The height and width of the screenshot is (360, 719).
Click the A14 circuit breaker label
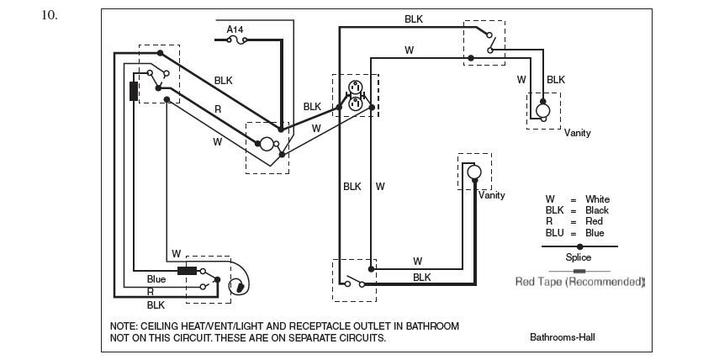pyautogui.click(x=235, y=29)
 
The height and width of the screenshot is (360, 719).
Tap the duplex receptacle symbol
pyautogui.click(x=355, y=95)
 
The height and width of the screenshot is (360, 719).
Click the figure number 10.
pyautogui.click(x=48, y=15)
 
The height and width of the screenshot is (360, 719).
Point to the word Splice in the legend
pyautogui.click(x=579, y=257)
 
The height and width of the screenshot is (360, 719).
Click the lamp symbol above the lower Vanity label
pyautogui.click(x=473, y=172)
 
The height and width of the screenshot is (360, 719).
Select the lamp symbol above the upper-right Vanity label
pyautogui.click(x=543, y=110)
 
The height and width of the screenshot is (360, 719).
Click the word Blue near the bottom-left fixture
pyautogui.click(x=156, y=278)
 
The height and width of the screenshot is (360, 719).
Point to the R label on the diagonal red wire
pyautogui.click(x=218, y=109)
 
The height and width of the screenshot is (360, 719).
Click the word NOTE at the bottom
pyautogui.click(x=125, y=326)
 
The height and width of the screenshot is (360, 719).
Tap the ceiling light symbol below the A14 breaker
pyautogui.click(x=267, y=144)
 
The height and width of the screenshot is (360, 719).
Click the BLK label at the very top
pyautogui.click(x=414, y=18)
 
